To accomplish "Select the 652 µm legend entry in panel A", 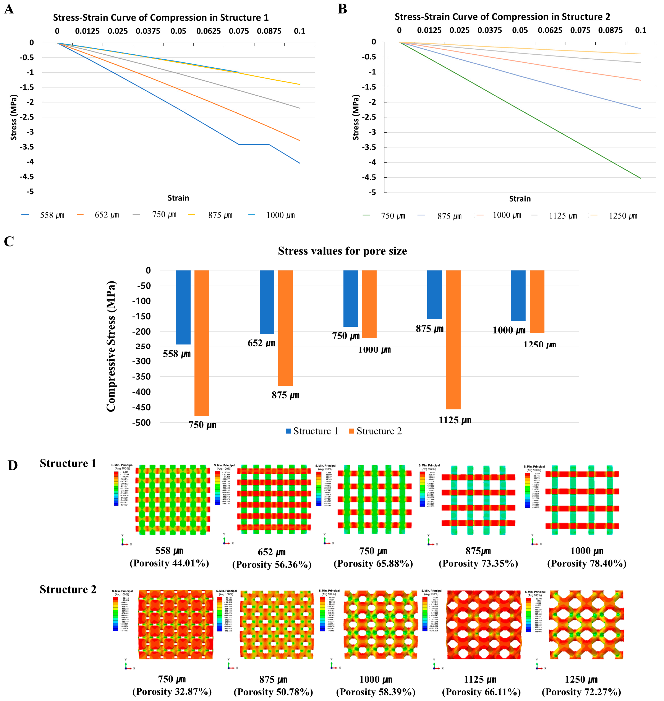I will (x=106, y=215).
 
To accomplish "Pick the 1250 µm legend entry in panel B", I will (x=622, y=216).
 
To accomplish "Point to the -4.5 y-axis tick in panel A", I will (x=27, y=177).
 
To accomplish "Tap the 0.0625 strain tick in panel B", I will (x=550, y=30).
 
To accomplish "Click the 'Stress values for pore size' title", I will (x=342, y=251).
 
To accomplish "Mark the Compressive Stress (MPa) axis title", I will (x=111, y=346).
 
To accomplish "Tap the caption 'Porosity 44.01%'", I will (x=169, y=563).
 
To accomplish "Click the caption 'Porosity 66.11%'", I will (x=481, y=692).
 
